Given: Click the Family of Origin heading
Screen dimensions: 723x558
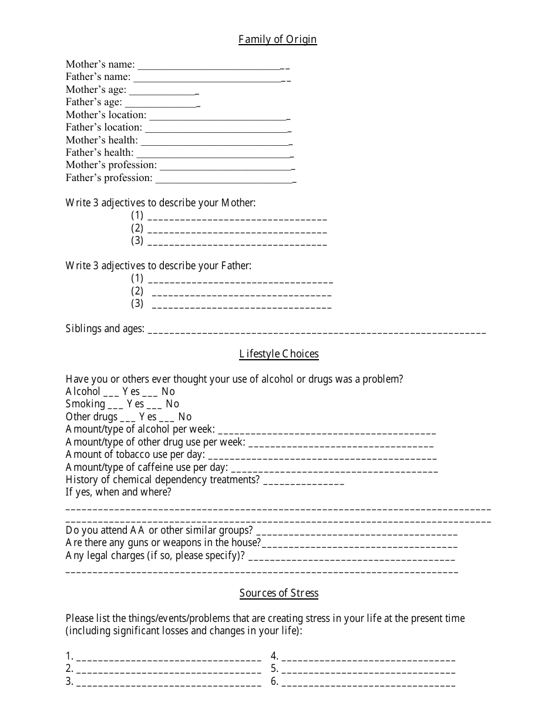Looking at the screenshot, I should [278, 39].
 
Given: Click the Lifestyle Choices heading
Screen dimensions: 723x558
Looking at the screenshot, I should [279, 354].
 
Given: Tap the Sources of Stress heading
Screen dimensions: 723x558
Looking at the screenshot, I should [279, 593].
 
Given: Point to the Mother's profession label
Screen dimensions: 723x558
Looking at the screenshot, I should [111, 165].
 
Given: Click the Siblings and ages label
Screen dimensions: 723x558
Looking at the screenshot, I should [105, 329].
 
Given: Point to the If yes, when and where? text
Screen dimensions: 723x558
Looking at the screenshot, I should [119, 493].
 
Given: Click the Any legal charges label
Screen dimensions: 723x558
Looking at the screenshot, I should [155, 555].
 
